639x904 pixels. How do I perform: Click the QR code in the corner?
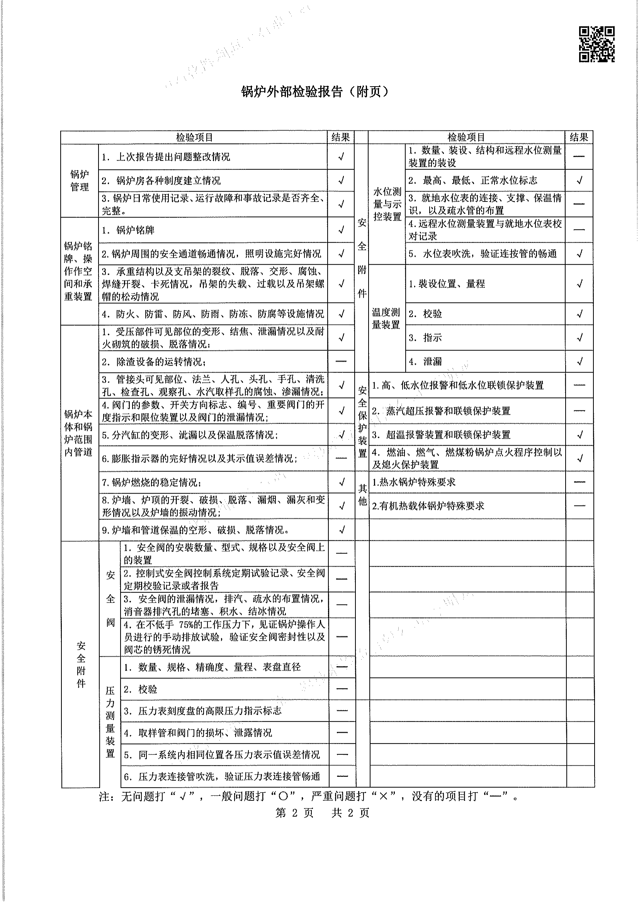(x=596, y=44)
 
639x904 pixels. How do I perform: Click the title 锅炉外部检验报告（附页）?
(x=315, y=92)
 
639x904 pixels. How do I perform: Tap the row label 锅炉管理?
(x=80, y=180)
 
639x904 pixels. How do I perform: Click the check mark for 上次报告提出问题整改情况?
(x=341, y=157)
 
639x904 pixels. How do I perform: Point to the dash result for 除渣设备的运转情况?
(x=341, y=361)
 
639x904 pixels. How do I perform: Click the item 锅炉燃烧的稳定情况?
(x=152, y=482)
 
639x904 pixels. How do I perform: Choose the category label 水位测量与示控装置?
(x=387, y=204)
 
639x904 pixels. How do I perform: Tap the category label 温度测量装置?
(x=386, y=318)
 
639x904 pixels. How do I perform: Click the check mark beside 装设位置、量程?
(x=579, y=283)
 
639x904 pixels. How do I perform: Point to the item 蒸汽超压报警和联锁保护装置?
(x=448, y=411)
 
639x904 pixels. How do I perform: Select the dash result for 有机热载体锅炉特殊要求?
(x=579, y=506)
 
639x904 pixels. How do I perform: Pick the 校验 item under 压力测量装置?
(x=147, y=689)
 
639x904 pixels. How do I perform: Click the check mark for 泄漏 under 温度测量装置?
(x=579, y=361)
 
